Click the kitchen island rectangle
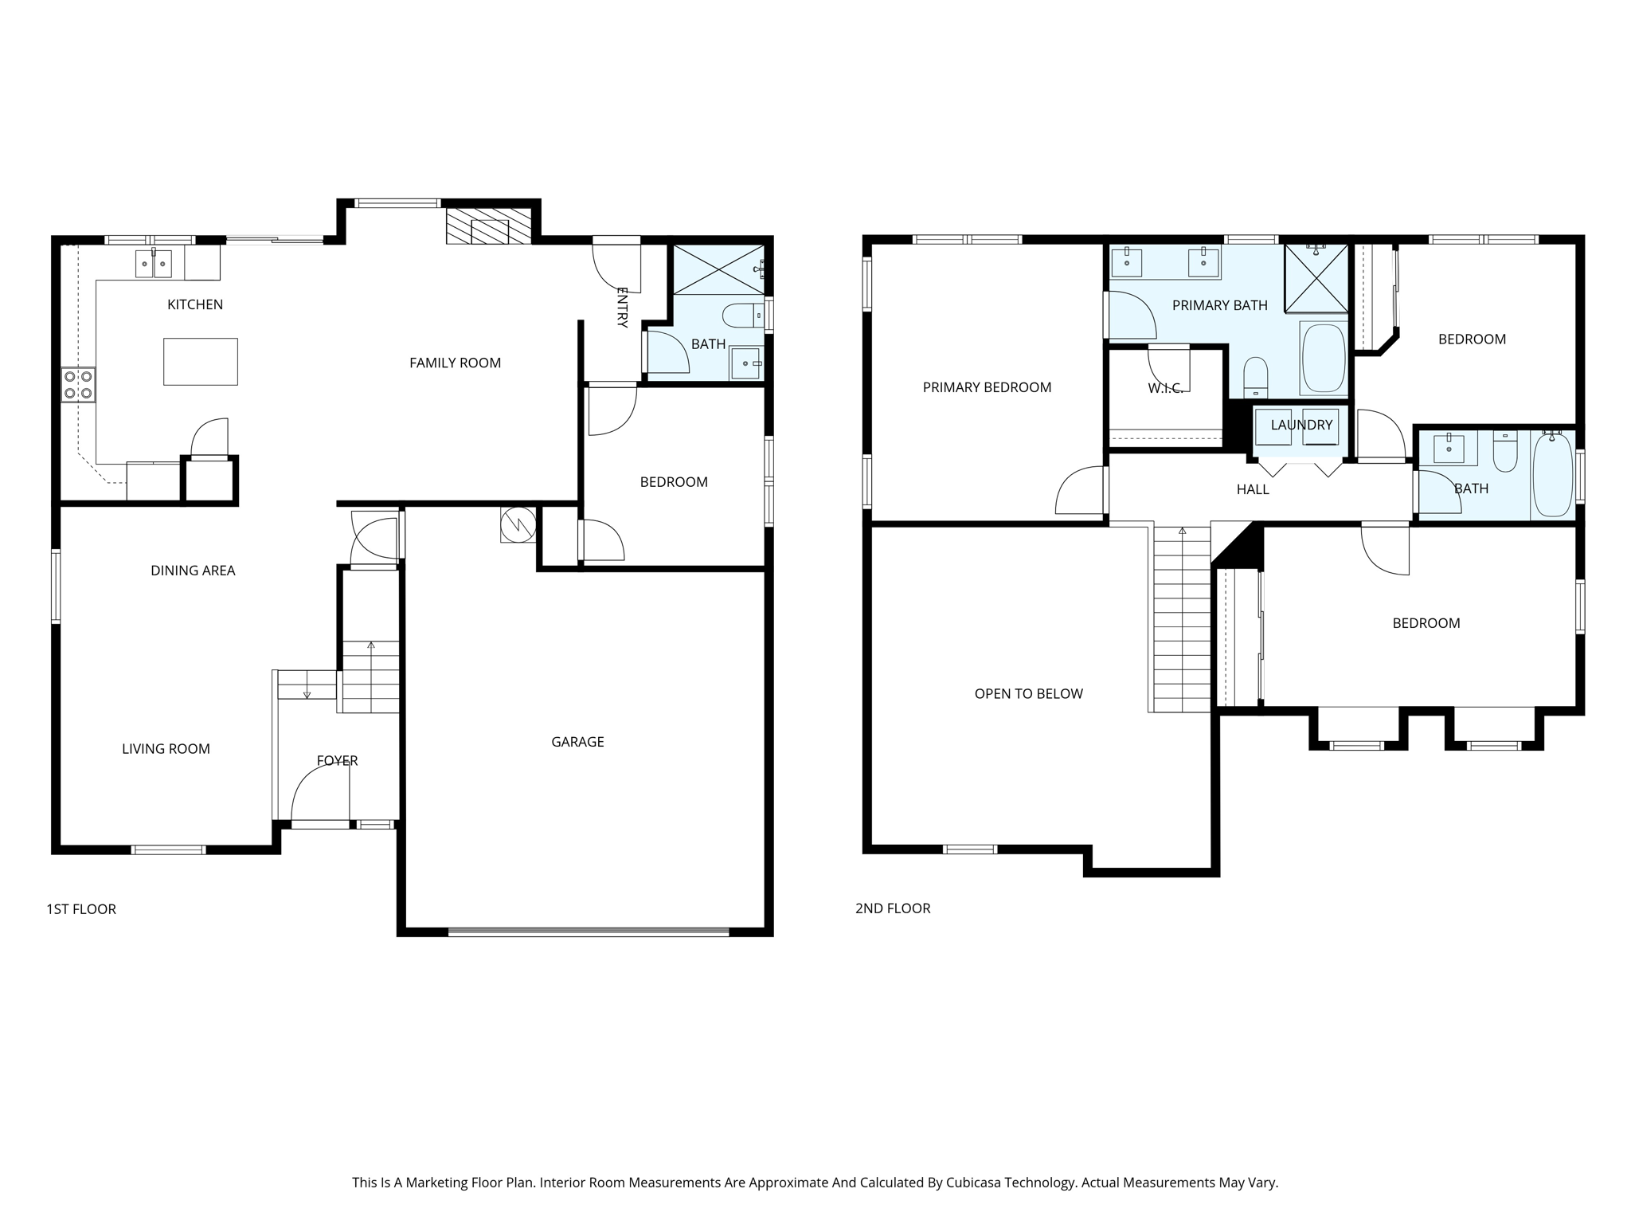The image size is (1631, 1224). [x=200, y=362]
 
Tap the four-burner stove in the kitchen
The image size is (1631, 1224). [x=78, y=385]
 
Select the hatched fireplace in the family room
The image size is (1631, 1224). [x=488, y=226]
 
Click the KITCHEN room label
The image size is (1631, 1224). [x=195, y=304]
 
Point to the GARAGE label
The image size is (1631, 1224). [x=577, y=742]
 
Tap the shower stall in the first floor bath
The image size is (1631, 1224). [x=718, y=269]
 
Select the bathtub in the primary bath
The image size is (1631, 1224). [x=1323, y=358]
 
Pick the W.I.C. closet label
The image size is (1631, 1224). [x=1165, y=388]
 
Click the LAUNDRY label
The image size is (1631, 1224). [x=1301, y=425]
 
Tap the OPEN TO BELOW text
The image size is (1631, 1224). [x=1028, y=694]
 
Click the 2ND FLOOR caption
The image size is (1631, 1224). [x=893, y=908]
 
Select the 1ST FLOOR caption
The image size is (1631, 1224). [x=81, y=909]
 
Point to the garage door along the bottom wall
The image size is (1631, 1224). [x=588, y=931]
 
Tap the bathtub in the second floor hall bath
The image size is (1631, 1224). [x=1552, y=475]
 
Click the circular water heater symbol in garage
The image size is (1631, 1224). [x=518, y=524]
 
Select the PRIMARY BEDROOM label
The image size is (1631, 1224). [x=987, y=387]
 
